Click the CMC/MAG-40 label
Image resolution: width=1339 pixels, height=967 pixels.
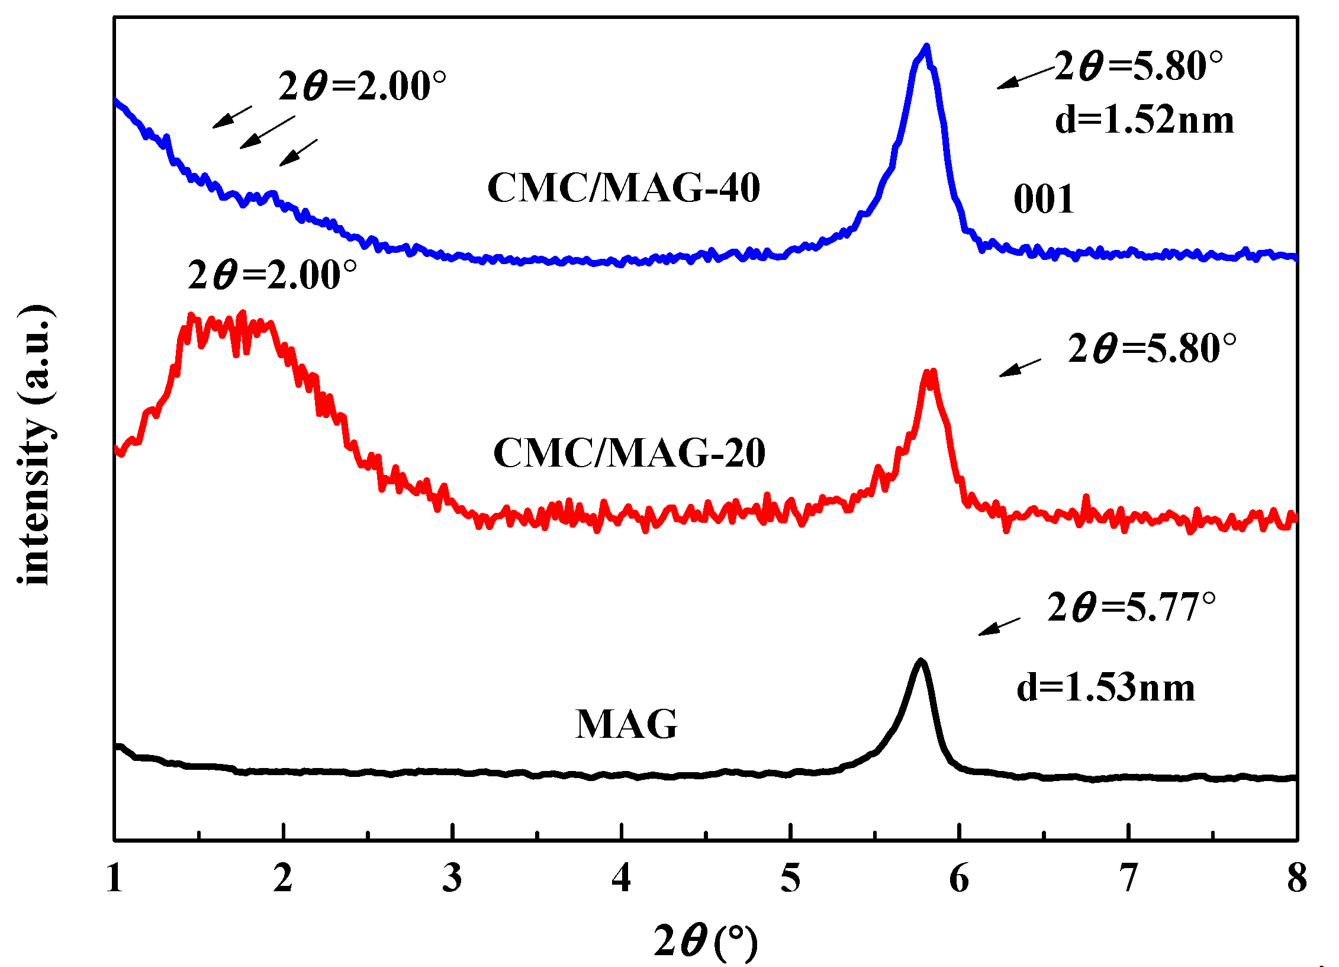click(x=623, y=188)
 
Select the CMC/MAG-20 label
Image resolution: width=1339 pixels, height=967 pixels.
click(x=629, y=453)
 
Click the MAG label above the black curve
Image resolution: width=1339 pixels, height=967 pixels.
click(x=626, y=724)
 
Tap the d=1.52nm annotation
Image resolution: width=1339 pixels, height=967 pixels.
click(x=1144, y=120)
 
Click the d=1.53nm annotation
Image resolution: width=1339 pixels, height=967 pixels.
click(x=1105, y=687)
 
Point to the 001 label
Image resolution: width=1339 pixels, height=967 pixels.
click(x=1044, y=200)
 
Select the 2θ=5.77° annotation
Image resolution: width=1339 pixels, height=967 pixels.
click(x=1131, y=608)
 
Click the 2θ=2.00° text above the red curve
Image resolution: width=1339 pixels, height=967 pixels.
click(x=272, y=275)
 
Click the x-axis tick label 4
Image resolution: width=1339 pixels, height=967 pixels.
click(x=621, y=879)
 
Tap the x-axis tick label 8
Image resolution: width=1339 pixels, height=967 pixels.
click(x=1296, y=879)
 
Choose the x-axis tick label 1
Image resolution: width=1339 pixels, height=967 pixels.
click(x=115, y=879)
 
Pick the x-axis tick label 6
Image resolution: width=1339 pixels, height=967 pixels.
click(x=959, y=879)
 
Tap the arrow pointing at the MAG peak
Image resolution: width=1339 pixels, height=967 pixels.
click(x=999, y=627)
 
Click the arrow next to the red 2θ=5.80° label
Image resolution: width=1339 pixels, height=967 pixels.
click(x=1020, y=367)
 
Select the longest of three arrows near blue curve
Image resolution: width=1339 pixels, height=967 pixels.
click(x=267, y=132)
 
